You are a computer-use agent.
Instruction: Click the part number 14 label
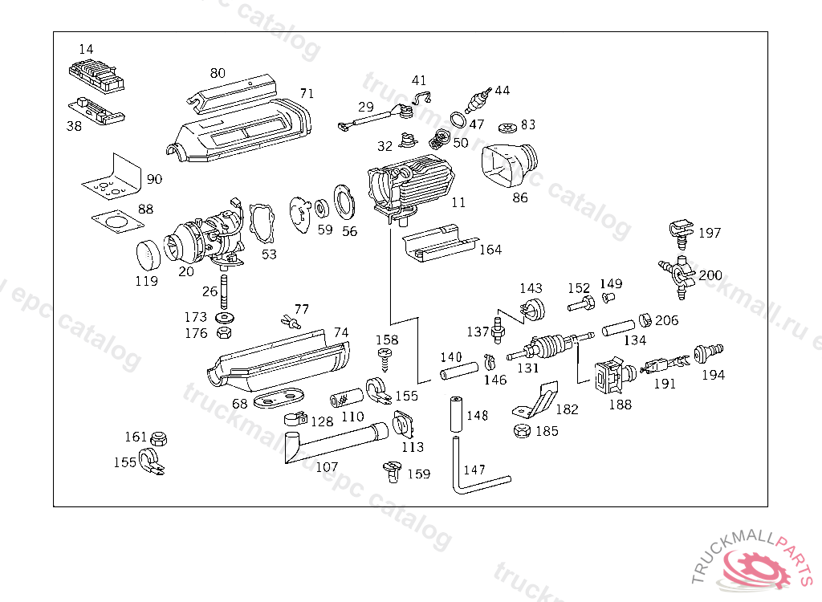point(86,50)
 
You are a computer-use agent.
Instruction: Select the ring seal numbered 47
point(458,120)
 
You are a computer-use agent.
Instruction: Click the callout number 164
point(490,250)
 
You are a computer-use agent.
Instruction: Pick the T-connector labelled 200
point(675,270)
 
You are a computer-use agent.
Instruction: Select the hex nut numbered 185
point(521,431)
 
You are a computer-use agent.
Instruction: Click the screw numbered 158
point(387,359)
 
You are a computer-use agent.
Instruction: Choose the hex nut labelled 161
point(158,438)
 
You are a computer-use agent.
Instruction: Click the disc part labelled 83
point(507,127)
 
